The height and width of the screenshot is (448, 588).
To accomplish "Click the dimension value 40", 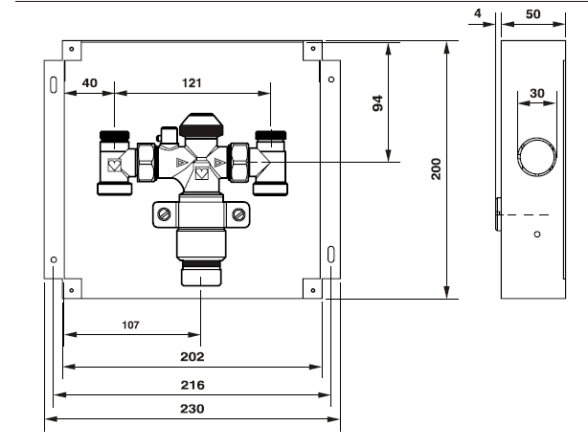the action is (90, 83).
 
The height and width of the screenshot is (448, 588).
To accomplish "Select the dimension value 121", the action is (192, 83).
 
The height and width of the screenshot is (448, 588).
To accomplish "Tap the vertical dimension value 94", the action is (378, 103).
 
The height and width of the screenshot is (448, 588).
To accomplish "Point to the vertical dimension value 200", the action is (436, 169).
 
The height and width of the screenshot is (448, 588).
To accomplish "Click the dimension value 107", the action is (130, 325).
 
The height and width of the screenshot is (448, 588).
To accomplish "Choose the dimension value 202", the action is (192, 356).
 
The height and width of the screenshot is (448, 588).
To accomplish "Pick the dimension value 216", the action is (192, 385).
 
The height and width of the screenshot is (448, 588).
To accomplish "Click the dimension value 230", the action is (192, 409).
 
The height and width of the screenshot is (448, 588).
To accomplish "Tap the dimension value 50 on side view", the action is (532, 14).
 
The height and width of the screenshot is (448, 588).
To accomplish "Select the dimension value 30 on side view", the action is (537, 94).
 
